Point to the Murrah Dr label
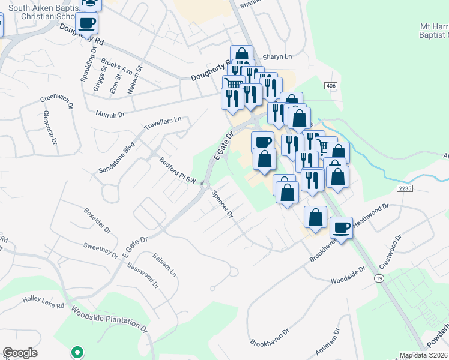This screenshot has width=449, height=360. coord(110,113)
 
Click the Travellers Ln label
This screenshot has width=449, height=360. coord(163,124)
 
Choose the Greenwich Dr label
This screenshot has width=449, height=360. coord(56,98)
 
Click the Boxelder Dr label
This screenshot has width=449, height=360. coord(97,220)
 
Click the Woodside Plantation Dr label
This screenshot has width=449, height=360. coord(109,319)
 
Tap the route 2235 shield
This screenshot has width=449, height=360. coord(405,188)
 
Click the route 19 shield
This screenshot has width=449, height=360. coord(378,279)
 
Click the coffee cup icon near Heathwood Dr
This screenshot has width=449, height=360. coord(341,228)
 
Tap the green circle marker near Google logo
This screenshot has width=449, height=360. coord(76,352)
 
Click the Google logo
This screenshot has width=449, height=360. coord(20,353)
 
